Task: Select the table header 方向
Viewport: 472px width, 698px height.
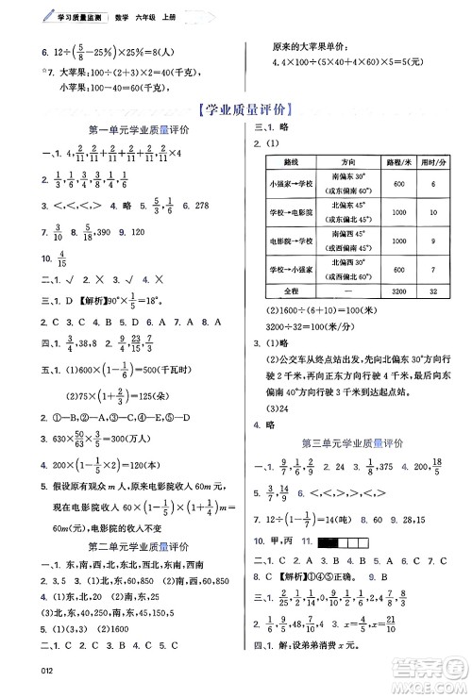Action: (x=350, y=162)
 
